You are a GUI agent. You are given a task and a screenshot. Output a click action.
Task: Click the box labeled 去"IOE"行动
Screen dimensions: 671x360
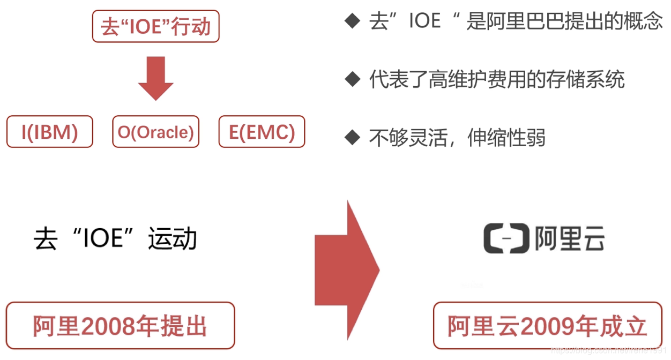click(155, 27)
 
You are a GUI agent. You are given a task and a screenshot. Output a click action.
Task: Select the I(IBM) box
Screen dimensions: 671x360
click(49, 132)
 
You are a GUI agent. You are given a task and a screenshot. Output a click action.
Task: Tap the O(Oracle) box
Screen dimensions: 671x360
click(155, 132)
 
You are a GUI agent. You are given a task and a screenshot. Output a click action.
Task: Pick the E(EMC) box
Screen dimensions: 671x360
click(262, 132)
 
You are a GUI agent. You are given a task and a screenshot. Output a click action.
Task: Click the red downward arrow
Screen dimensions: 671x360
click(155, 78)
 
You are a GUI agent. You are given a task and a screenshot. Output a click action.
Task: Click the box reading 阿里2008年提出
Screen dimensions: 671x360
click(120, 326)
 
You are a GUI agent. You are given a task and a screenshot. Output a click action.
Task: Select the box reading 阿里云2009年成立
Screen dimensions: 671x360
click(547, 326)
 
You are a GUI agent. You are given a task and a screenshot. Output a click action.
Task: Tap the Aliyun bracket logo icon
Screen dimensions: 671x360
click(506, 238)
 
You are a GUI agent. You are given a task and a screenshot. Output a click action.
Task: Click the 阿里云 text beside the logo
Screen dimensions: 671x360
click(570, 238)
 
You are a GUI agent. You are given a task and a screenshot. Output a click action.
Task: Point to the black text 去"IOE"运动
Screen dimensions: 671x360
click(115, 238)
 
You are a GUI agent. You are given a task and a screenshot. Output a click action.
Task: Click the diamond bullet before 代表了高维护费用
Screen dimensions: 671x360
click(352, 80)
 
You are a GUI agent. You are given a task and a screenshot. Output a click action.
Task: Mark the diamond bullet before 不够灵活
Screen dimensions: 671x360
click(352, 138)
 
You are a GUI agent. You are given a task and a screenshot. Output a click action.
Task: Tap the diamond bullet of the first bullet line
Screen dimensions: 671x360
click(352, 22)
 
